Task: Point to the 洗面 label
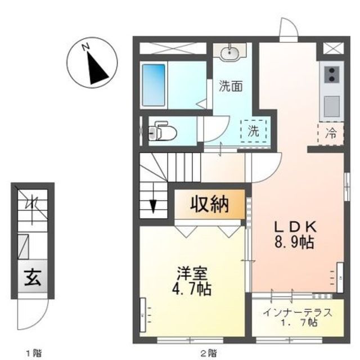point(231,87)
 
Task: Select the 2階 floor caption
point(208,353)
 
